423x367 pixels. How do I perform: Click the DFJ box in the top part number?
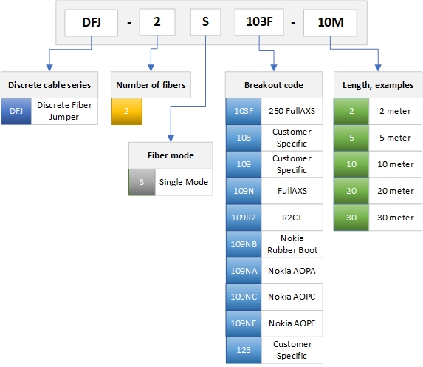[92, 23]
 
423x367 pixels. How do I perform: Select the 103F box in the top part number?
[259, 22]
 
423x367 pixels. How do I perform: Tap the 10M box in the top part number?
[330, 23]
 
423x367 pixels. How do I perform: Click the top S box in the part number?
[205, 22]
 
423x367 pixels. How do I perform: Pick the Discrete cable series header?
[49, 85]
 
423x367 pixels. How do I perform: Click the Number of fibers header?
[151, 85]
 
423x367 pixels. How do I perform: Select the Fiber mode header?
[171, 155]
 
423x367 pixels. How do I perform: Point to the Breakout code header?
[274, 85]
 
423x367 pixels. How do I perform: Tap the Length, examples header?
[378, 85]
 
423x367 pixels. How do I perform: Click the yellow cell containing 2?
[127, 112]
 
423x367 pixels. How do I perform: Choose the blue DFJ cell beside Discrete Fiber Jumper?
[16, 112]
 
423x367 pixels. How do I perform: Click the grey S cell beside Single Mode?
[142, 182]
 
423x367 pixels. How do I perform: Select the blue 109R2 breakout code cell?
[244, 218]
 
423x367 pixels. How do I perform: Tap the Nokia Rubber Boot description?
[292, 244]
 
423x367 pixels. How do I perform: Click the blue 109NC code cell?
[244, 297]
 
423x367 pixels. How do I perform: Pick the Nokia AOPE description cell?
[292, 323]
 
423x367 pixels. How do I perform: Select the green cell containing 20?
[351, 191]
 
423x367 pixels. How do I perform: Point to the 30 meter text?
[396, 218]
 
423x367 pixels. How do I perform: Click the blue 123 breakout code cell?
[244, 350]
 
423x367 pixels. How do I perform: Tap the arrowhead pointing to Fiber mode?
[171, 139]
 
